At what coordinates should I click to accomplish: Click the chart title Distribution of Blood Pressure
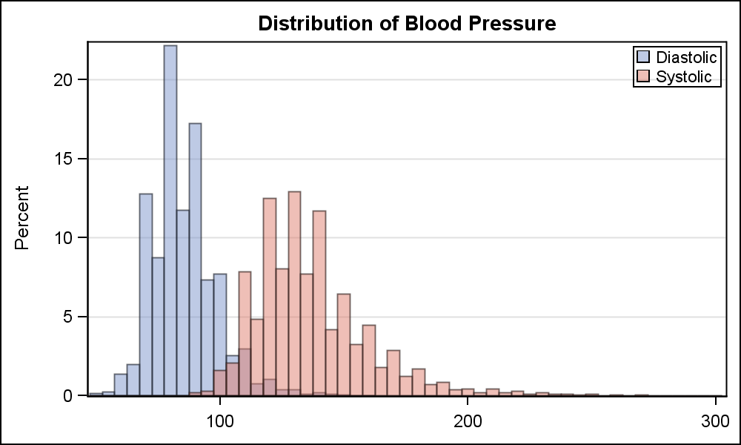click(407, 24)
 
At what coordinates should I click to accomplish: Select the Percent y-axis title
click(23, 217)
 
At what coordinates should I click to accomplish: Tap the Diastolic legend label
click(687, 57)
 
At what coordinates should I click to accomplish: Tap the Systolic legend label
click(684, 76)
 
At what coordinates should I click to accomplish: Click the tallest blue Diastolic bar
click(170, 222)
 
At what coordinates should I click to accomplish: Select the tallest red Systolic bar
click(294, 297)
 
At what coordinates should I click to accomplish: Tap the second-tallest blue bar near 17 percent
click(195, 260)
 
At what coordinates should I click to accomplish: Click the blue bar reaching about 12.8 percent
click(146, 297)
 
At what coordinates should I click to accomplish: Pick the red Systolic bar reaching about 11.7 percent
click(319, 304)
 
